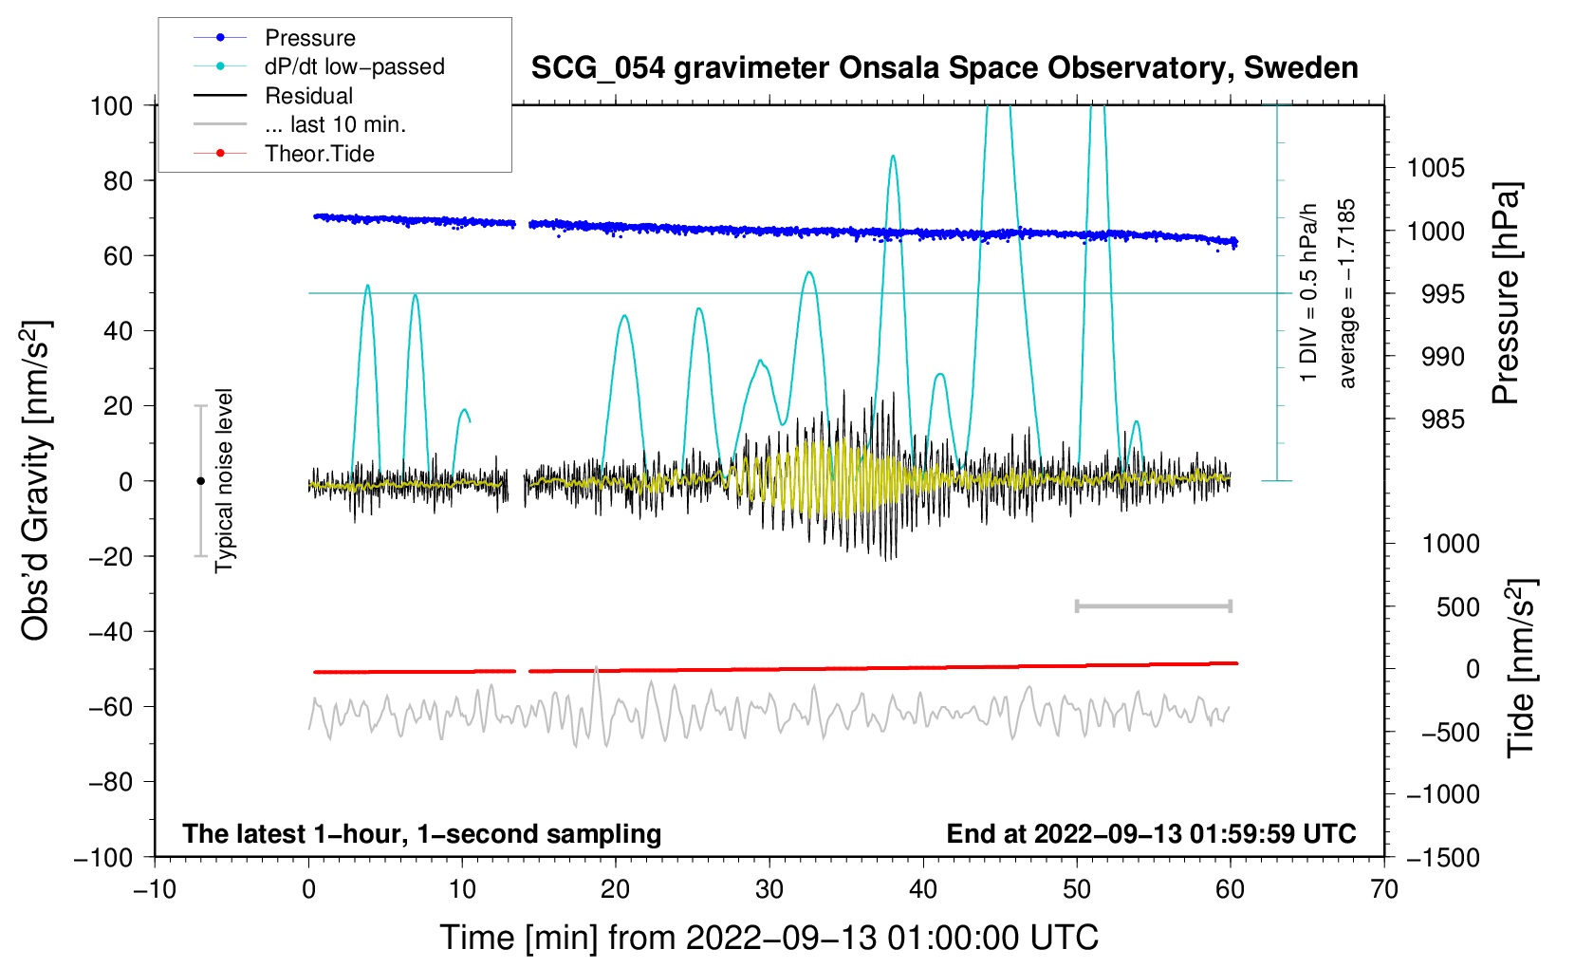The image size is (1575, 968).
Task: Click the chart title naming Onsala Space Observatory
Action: (944, 68)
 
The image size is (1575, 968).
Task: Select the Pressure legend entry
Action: (275, 37)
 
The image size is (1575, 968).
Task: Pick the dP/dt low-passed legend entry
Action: (319, 66)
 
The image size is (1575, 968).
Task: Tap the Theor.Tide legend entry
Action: (284, 154)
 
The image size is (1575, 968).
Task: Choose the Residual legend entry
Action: (273, 95)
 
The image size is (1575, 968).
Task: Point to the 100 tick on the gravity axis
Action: (112, 106)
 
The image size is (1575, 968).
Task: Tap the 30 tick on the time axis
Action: (769, 890)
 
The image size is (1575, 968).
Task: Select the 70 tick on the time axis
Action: (1383, 890)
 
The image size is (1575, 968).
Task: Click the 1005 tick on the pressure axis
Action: (1436, 168)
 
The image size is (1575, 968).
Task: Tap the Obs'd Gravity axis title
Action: (35, 480)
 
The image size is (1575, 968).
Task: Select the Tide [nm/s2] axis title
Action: (1522, 668)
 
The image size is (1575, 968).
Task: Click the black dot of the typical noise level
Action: (200, 481)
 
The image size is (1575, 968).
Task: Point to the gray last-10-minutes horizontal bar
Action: (1154, 606)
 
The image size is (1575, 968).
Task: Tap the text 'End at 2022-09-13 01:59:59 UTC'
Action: (1151, 833)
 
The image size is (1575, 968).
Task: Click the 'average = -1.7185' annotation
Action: (1346, 293)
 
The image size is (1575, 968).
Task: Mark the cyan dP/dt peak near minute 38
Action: (893, 156)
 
